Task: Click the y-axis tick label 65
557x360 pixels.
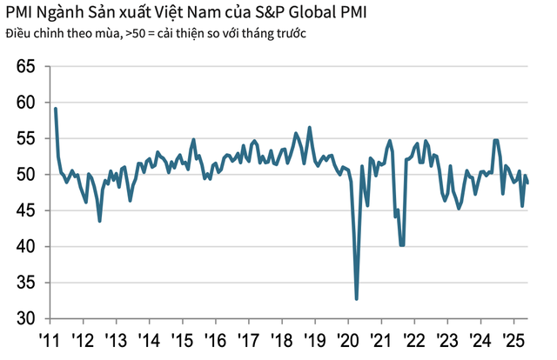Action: (x=25, y=67)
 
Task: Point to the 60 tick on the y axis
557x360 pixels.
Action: (x=25, y=103)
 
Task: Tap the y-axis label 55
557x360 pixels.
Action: (x=25, y=139)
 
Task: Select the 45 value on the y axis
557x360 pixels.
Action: (x=25, y=211)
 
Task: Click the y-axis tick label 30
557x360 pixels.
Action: (x=25, y=319)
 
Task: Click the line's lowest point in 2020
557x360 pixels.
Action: (x=357, y=299)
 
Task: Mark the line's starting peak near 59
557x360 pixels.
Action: (x=56, y=109)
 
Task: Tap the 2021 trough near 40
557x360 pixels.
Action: (x=401, y=245)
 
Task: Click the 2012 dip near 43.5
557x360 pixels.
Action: (x=100, y=221)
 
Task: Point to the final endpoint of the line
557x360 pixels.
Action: (x=527, y=183)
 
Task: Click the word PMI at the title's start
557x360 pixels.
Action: (x=18, y=13)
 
